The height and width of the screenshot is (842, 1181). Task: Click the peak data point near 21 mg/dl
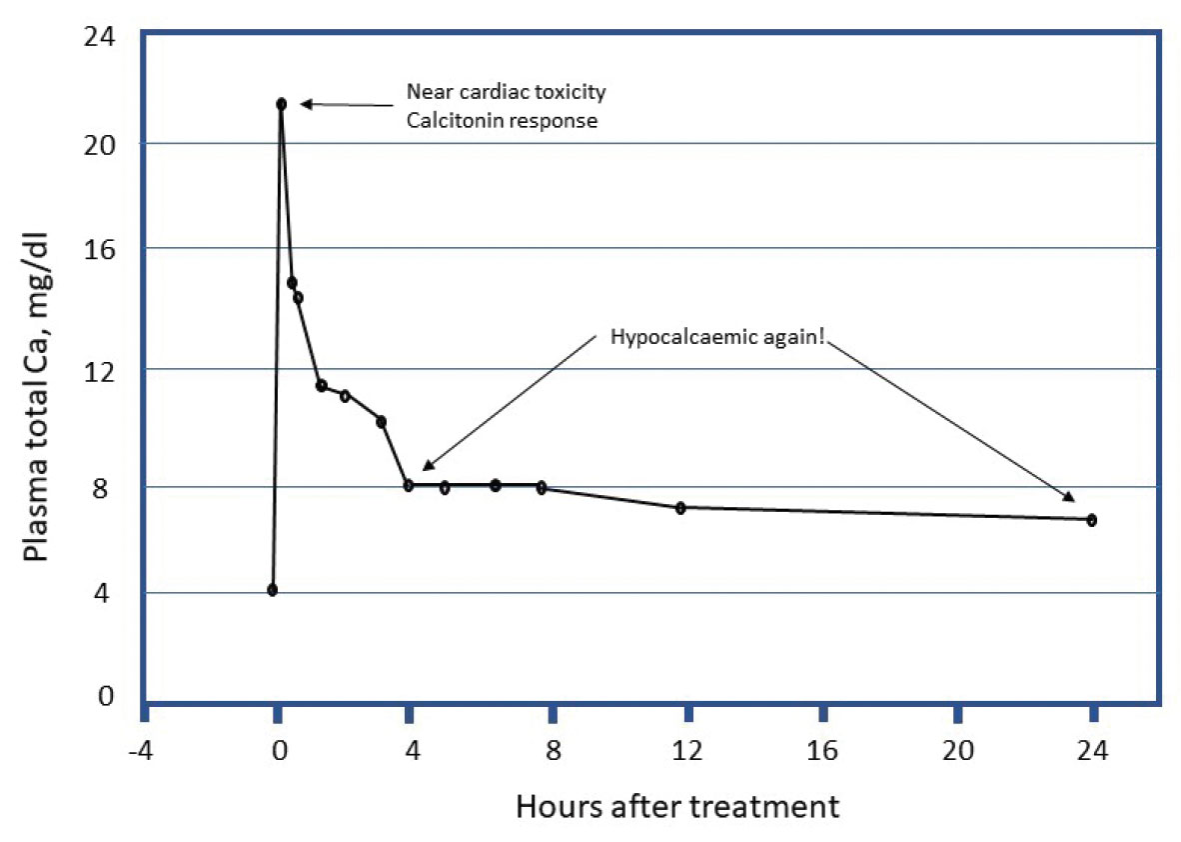coord(282,104)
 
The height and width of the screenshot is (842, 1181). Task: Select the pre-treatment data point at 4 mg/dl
coord(272,590)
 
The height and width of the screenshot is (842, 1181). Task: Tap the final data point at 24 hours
coord(1092,520)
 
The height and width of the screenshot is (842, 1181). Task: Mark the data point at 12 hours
coord(680,508)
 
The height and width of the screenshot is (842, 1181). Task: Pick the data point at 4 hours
coord(409,486)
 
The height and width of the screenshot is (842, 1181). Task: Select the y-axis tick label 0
coord(106,696)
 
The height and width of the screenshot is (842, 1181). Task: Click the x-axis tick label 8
coord(552,750)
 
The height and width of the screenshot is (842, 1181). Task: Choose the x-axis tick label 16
coord(822,750)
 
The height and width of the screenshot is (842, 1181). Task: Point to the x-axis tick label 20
coord(958,750)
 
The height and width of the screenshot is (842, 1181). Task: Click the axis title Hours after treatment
coord(677,806)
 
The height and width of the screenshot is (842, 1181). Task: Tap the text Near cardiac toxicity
coord(506,92)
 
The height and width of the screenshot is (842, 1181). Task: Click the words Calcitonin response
coord(502,121)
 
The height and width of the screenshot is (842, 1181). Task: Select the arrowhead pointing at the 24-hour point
coord(1069,497)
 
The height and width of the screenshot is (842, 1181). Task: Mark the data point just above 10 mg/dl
coord(381,422)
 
